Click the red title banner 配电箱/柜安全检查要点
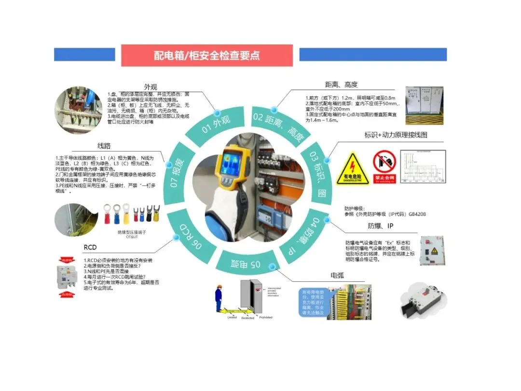(206, 55)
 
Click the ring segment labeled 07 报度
(177, 172)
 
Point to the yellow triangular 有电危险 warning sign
(353, 168)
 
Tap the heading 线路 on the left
(104, 145)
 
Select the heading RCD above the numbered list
(90, 248)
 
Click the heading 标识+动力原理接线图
(396, 135)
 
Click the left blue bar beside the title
(84, 55)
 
